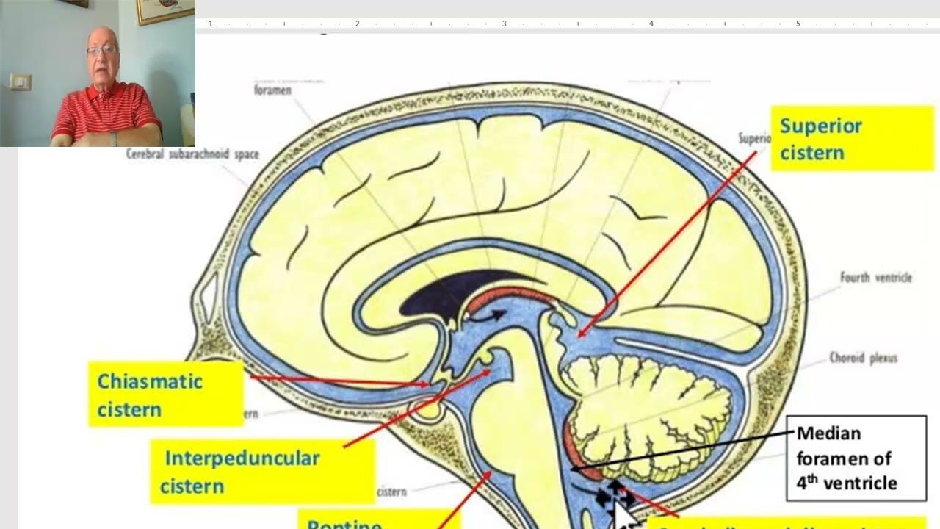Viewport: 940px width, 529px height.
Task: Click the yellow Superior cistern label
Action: [852, 138]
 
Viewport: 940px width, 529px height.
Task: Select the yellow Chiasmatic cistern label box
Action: [166, 395]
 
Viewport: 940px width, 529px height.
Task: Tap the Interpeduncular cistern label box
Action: [262, 471]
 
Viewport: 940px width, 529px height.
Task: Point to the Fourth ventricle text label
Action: [875, 278]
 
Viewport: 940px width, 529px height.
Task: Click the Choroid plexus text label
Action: [863, 358]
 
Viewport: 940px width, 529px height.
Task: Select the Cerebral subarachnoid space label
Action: [192, 154]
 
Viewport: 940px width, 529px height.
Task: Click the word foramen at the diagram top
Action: [272, 90]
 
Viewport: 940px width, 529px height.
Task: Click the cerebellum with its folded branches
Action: [646, 411]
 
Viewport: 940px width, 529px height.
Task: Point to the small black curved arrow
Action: [488, 317]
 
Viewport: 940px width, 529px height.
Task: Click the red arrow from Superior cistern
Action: [668, 242]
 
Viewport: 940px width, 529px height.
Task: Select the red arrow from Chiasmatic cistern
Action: [338, 380]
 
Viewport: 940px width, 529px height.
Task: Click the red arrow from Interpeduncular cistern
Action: [415, 409]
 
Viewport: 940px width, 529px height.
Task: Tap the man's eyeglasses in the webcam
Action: [101, 51]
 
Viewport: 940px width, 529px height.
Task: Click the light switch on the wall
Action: [21, 82]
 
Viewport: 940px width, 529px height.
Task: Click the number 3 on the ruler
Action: [504, 24]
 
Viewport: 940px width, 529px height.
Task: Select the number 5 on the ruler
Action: [798, 24]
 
